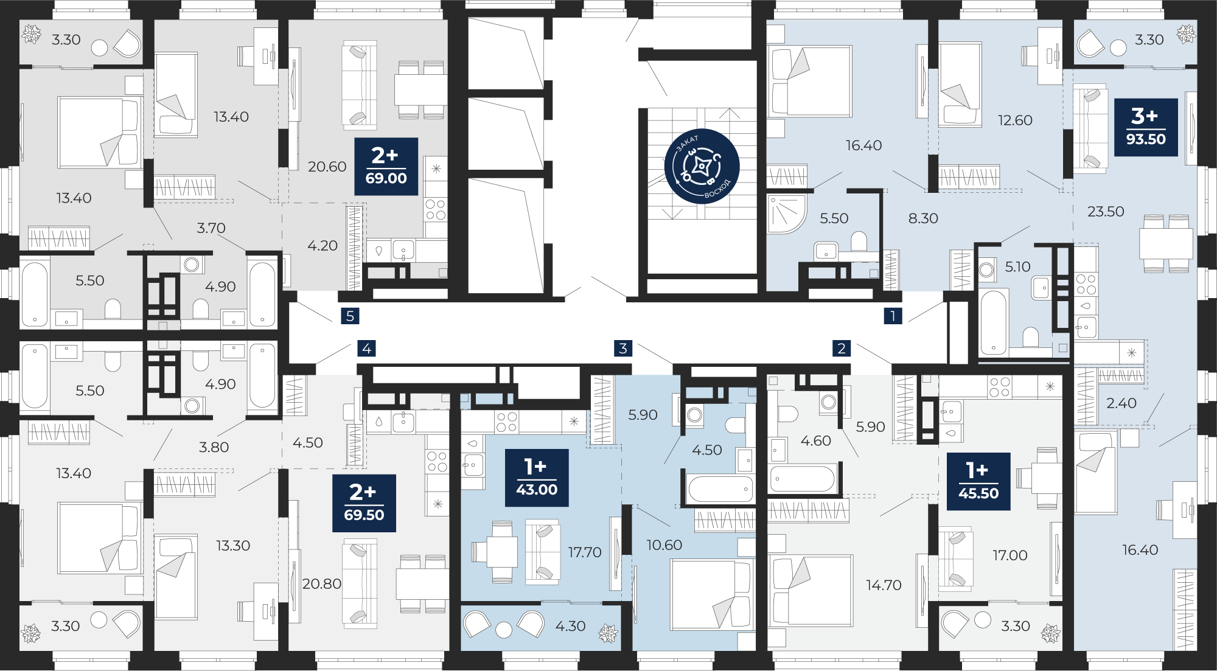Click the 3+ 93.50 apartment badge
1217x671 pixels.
click(1146, 127)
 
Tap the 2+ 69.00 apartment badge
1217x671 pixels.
click(386, 167)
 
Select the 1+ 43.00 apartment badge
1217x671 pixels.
click(537, 478)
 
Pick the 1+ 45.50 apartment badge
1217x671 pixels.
click(978, 481)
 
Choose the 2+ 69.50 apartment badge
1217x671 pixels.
click(364, 503)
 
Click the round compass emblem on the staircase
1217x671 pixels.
click(702, 166)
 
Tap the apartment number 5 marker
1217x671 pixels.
click(350, 316)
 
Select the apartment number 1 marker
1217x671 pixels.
click(893, 316)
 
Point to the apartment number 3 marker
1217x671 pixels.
click(623, 348)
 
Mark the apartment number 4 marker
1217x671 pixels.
click(366, 348)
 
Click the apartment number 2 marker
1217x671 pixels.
click(842, 348)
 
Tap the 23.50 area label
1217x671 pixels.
click(1106, 212)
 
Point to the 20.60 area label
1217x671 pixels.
click(327, 167)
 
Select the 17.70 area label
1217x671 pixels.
click(584, 552)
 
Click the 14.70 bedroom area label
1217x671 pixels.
click(884, 585)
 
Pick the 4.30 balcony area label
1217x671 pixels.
click(570, 626)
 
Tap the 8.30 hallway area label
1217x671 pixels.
click(923, 218)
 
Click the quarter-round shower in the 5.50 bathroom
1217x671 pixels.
click(786, 214)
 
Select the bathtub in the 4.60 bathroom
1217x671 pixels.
click(802, 479)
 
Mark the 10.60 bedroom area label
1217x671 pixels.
click(664, 545)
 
